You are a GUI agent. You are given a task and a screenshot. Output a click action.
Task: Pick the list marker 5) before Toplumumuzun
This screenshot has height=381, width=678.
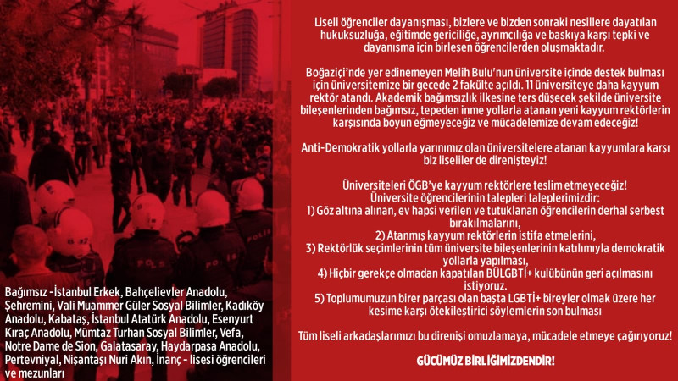[x=320, y=297]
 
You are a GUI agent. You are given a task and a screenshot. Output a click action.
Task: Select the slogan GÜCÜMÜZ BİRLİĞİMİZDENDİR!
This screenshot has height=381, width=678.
[x=486, y=362]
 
